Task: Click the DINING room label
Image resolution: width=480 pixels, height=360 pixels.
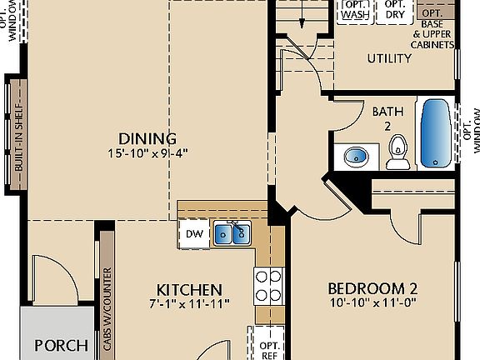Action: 147,139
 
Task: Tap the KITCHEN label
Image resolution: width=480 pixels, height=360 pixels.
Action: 188,289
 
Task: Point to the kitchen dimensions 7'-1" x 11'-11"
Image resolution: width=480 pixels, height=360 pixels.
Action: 188,302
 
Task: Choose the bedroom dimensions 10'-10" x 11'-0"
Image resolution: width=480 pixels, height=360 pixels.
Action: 372,302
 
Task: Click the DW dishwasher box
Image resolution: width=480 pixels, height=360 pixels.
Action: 193,234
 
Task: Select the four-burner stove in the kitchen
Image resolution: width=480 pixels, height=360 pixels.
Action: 268,287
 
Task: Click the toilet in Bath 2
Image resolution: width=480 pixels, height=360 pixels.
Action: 398,152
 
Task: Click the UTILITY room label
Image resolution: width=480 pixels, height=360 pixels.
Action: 389,58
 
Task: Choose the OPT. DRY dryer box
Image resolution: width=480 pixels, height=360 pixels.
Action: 395,10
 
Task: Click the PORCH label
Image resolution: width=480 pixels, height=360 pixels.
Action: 61,345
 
